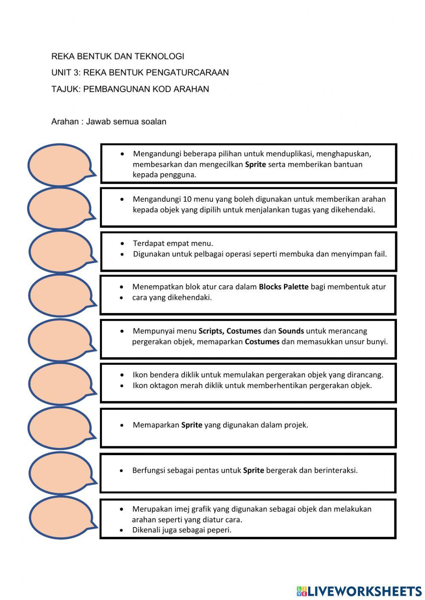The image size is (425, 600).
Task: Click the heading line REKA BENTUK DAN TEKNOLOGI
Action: click(118, 56)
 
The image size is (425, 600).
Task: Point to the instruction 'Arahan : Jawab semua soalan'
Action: click(109, 121)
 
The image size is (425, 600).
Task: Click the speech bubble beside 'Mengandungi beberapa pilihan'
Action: click(60, 165)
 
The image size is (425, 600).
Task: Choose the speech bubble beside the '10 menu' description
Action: click(60, 208)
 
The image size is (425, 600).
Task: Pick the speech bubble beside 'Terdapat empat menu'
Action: click(60, 251)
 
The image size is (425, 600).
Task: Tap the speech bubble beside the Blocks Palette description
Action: click(60, 295)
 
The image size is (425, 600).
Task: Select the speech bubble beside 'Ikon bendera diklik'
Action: click(60, 383)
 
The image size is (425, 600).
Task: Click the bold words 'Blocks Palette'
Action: click(283, 287)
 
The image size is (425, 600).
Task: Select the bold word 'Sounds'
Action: click(291, 331)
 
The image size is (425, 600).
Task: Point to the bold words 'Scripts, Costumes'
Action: click(229, 331)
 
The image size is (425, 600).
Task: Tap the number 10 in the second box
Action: click(187, 199)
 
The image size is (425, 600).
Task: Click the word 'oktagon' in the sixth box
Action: click(163, 386)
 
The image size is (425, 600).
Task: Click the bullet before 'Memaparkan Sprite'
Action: click(122, 425)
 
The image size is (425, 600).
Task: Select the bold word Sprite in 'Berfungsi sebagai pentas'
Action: click(253, 470)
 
